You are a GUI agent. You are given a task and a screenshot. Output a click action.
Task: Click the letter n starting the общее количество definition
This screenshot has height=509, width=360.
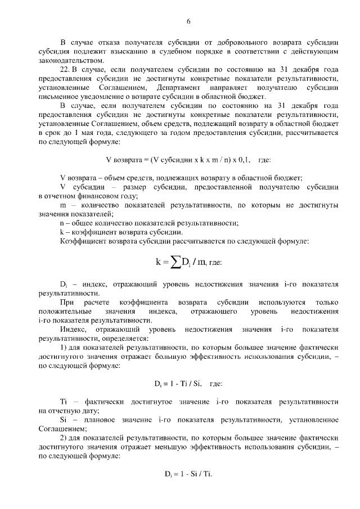click(62, 223)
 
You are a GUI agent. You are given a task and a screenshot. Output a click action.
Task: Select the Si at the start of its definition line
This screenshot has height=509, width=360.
click(63, 420)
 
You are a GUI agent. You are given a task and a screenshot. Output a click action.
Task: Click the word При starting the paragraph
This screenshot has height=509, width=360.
click(66, 303)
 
